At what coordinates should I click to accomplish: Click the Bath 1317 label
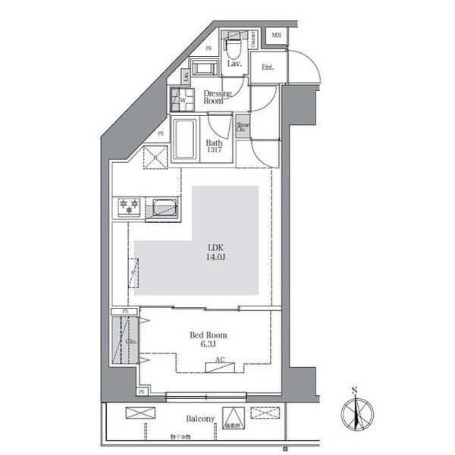pos(214,146)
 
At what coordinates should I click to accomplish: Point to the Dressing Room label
pos(217,96)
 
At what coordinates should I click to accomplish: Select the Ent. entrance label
pos(267,67)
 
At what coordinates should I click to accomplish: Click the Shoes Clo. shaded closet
pos(243,128)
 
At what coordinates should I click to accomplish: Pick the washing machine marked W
pos(182,98)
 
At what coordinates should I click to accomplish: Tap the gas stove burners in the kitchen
pos(128,205)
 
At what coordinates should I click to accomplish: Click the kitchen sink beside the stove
pos(164,207)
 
